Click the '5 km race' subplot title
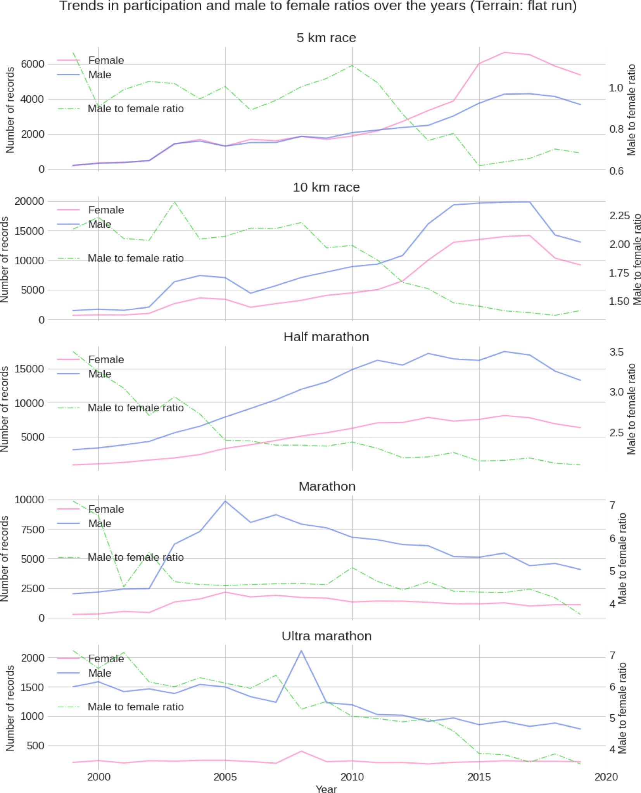[x=326, y=38]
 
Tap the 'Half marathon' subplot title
[x=326, y=337]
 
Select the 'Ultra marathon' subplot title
[x=326, y=636]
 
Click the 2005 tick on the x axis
[x=225, y=777]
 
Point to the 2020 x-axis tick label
[x=606, y=777]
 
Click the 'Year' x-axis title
[x=326, y=789]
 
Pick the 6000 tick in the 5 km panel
[x=33, y=64]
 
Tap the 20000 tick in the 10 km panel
[x=29, y=201]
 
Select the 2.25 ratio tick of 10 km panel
[x=619, y=216]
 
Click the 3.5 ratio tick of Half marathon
[x=617, y=352]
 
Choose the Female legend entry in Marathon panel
[x=106, y=509]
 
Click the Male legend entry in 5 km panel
[x=100, y=75]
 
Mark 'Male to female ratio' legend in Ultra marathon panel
[x=135, y=707]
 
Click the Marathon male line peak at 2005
[x=225, y=501]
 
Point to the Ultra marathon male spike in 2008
[x=301, y=651]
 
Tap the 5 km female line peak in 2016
[x=504, y=52]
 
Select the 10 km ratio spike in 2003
[x=175, y=202]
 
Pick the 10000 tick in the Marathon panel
[x=29, y=499]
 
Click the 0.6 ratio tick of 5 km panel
[x=617, y=171]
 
